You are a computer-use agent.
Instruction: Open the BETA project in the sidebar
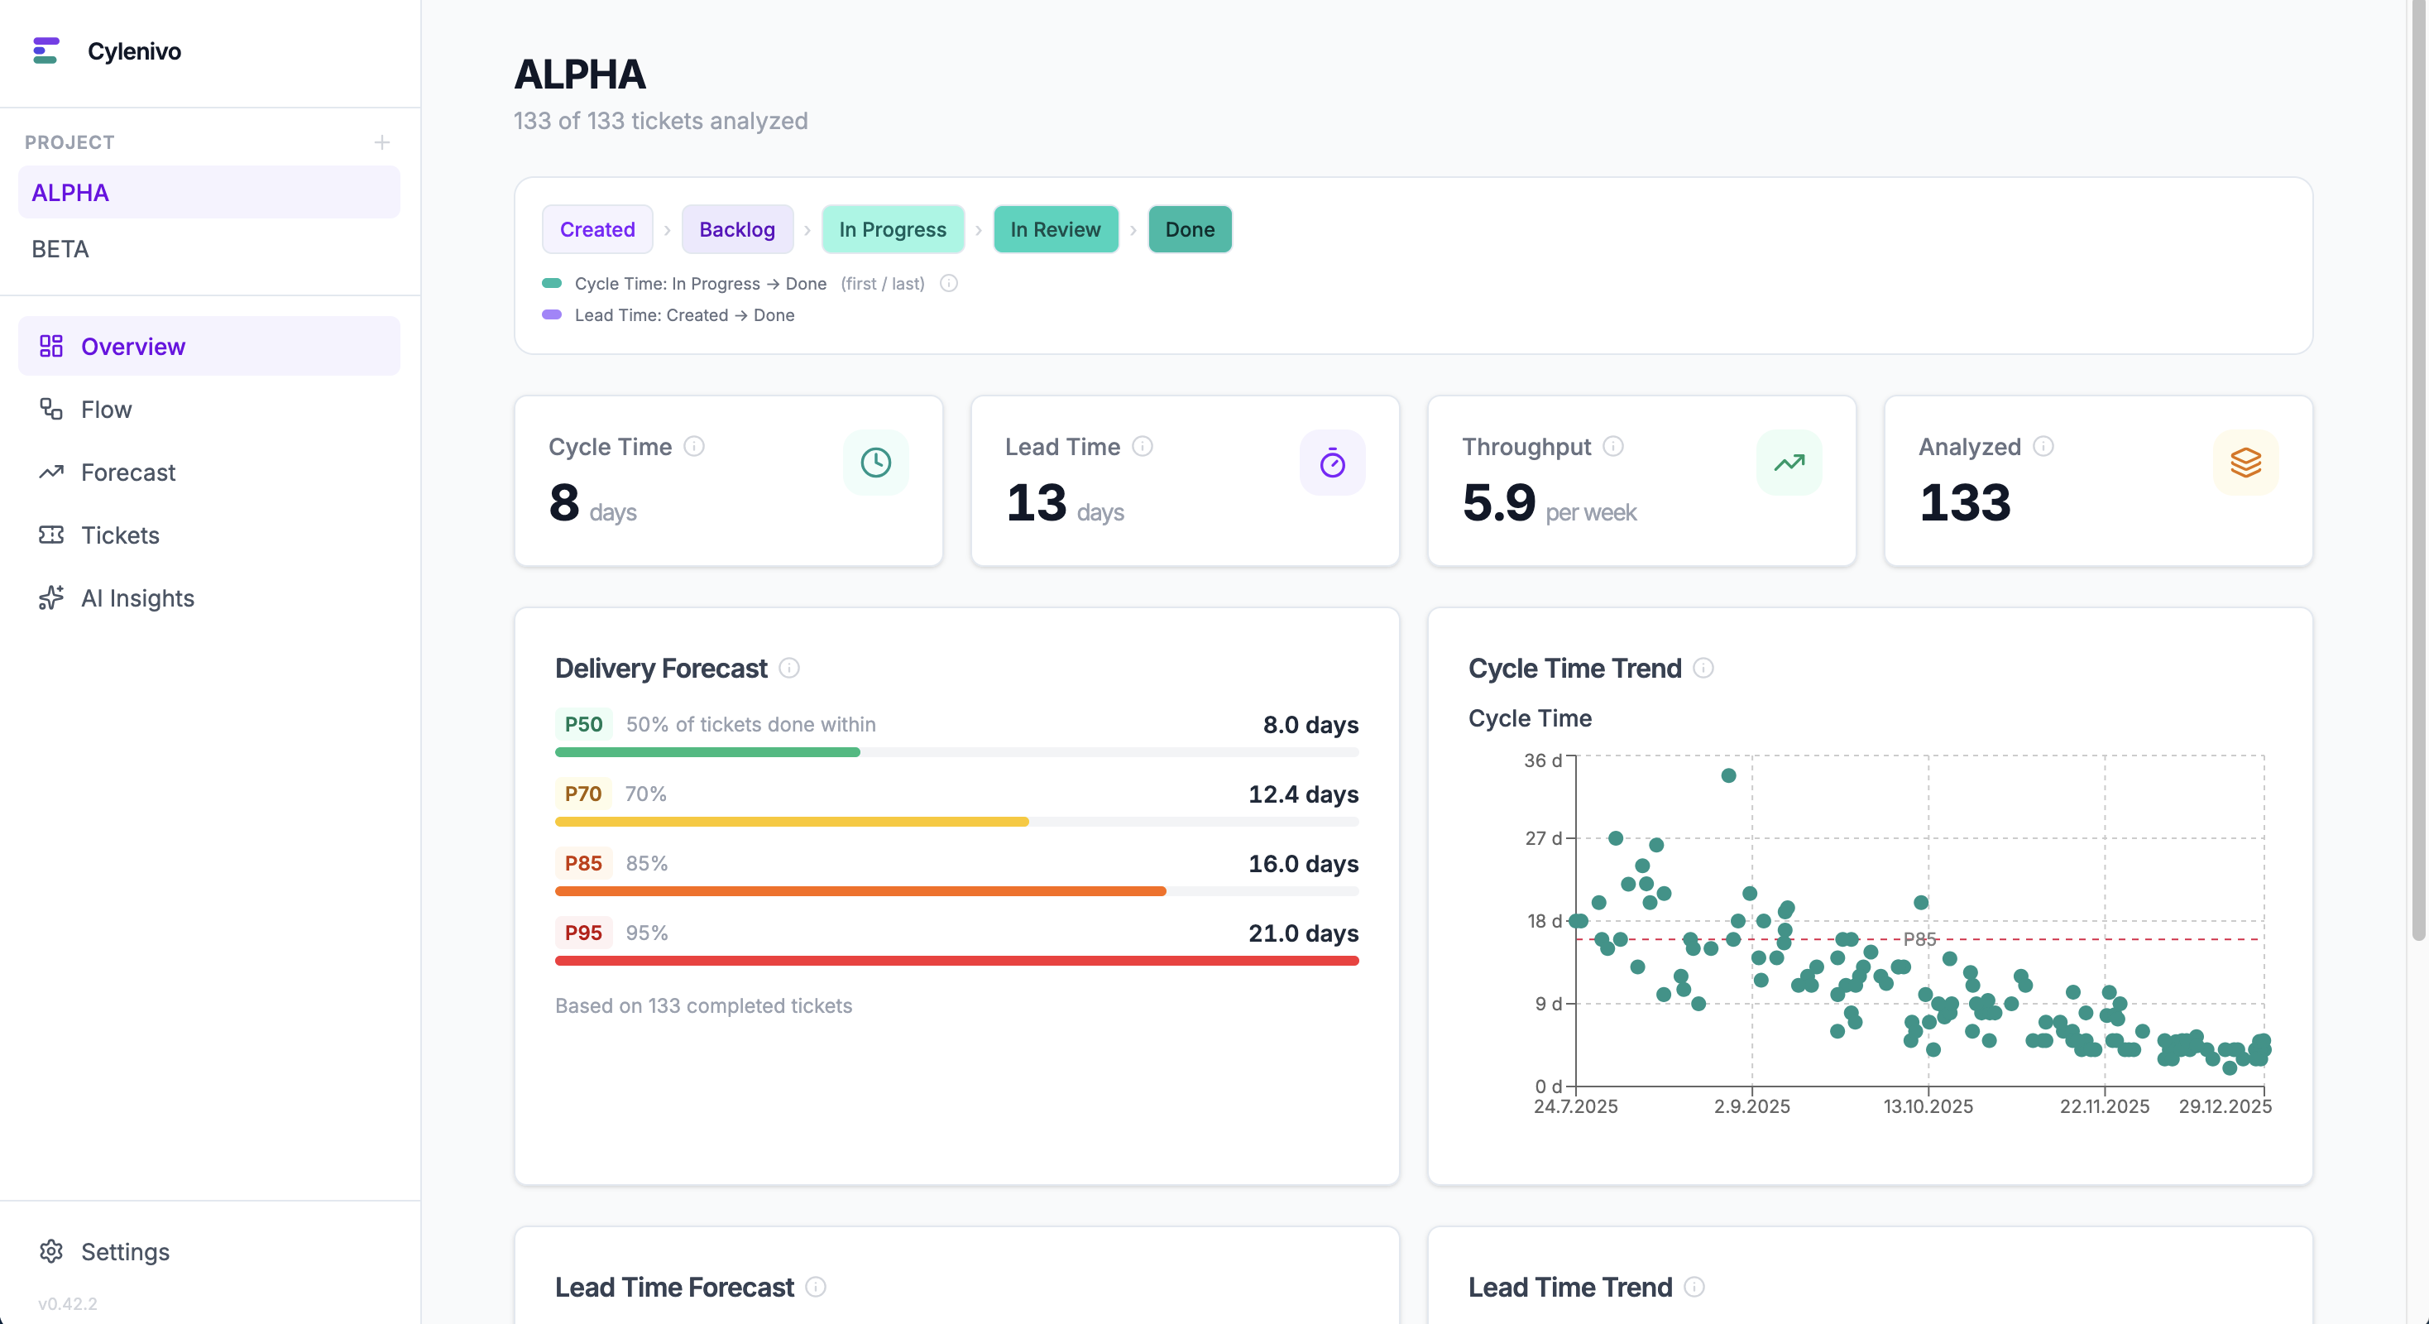(x=60, y=249)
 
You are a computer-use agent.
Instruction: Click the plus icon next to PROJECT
(x=382, y=142)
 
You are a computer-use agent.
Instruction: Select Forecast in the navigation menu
(x=127, y=473)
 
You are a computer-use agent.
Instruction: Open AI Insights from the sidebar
(x=137, y=599)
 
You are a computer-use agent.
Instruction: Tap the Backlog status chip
(x=736, y=229)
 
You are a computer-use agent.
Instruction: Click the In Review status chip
(x=1054, y=229)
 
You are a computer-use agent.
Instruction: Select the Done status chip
(x=1189, y=229)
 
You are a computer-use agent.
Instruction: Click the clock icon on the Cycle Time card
(x=875, y=462)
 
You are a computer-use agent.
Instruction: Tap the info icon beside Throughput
(x=1613, y=446)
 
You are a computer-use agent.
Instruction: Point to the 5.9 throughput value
(x=1498, y=501)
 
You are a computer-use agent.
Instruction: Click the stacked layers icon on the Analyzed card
(x=2245, y=462)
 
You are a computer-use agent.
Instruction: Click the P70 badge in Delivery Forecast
(x=582, y=794)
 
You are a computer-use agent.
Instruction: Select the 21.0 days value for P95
(x=1303, y=933)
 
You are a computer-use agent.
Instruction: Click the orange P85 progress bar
(x=860, y=891)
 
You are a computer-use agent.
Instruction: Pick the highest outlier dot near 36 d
(x=1728, y=775)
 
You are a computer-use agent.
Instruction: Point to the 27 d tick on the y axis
(x=1543, y=838)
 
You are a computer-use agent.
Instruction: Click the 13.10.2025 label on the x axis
(x=1928, y=1106)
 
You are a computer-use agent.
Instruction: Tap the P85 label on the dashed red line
(x=1919, y=938)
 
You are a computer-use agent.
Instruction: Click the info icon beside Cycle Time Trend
(x=1703, y=668)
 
